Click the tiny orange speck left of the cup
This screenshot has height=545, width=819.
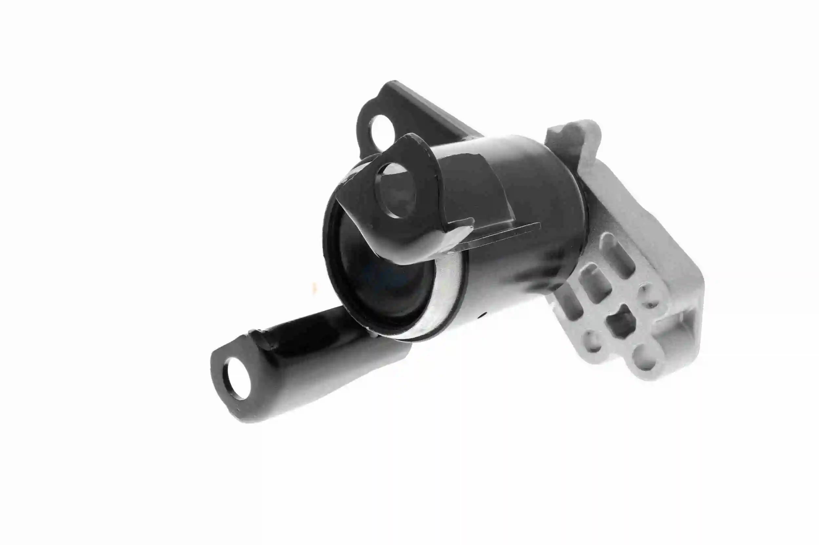[x=315, y=287]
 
